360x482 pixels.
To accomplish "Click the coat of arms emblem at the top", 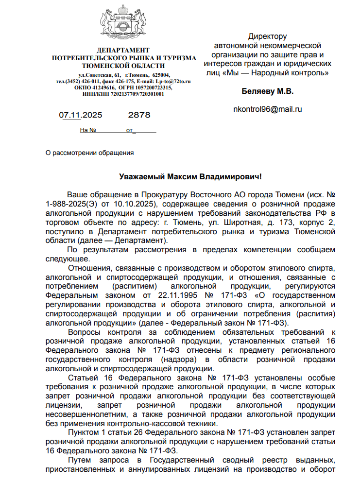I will pyautogui.click(x=123, y=24).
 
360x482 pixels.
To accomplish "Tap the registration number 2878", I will pyautogui.click(x=139, y=115).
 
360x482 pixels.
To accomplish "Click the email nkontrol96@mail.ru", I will pyautogui.click(x=268, y=109).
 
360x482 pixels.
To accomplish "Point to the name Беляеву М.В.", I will pyautogui.click(x=268, y=91).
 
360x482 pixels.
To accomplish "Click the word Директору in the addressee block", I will pyautogui.click(x=268, y=36).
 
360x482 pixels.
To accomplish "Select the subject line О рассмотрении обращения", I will pyautogui.click(x=89, y=153).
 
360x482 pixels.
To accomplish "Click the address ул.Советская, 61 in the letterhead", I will pyautogui.click(x=100, y=75).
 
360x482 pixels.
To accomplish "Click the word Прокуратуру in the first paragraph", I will pyautogui.click(x=144, y=194).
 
